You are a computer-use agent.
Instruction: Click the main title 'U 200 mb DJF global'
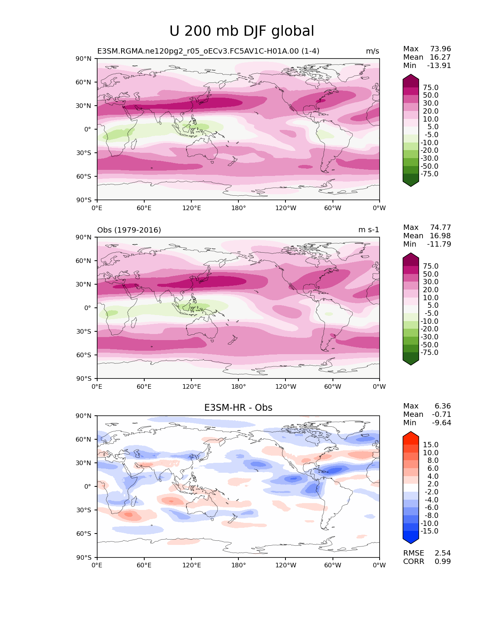coord(241,31)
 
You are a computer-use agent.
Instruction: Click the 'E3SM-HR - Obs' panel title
coord(238,407)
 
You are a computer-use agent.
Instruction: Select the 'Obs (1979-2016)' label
coord(129,230)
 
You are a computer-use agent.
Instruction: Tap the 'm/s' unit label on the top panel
coord(372,51)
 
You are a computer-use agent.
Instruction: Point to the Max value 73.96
coord(440,49)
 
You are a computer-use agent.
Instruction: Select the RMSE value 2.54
coord(443,553)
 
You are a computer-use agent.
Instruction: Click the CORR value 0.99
coord(443,562)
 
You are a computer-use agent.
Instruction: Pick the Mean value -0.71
coord(441,414)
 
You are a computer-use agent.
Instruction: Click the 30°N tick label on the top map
coord(83,106)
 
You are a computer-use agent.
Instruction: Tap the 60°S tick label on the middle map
coord(84,355)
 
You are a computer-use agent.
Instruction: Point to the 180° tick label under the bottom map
coord(238,565)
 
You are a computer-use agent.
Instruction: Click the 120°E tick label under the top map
coord(191,208)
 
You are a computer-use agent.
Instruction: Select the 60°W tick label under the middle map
coord(333,386)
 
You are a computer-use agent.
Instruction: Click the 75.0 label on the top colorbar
coord(431,87)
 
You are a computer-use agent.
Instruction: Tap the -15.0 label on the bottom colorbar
coord(429,531)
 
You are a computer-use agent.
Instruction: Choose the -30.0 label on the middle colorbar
coord(429,337)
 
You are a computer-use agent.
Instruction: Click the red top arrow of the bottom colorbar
coord(411,436)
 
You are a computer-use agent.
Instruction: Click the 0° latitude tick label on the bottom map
coord(87,486)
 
